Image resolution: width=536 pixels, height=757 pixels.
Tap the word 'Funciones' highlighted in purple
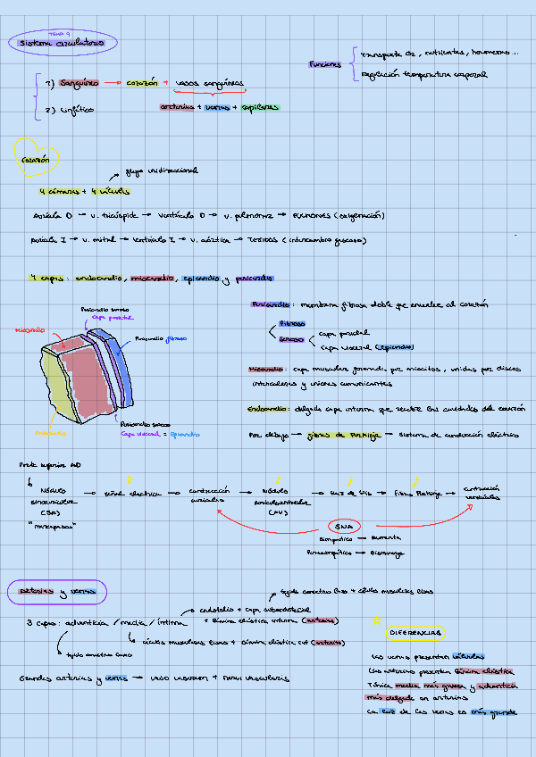point(324,64)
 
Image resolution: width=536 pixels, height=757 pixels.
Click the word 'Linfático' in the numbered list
point(77,110)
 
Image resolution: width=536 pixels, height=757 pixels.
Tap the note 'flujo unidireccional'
point(162,170)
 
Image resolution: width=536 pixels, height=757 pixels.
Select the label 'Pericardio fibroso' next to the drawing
point(162,339)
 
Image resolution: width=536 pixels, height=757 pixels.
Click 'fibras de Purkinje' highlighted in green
point(344,435)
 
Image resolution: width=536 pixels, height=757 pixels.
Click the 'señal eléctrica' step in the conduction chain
point(126,492)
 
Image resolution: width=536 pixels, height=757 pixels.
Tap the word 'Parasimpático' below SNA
point(330,553)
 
